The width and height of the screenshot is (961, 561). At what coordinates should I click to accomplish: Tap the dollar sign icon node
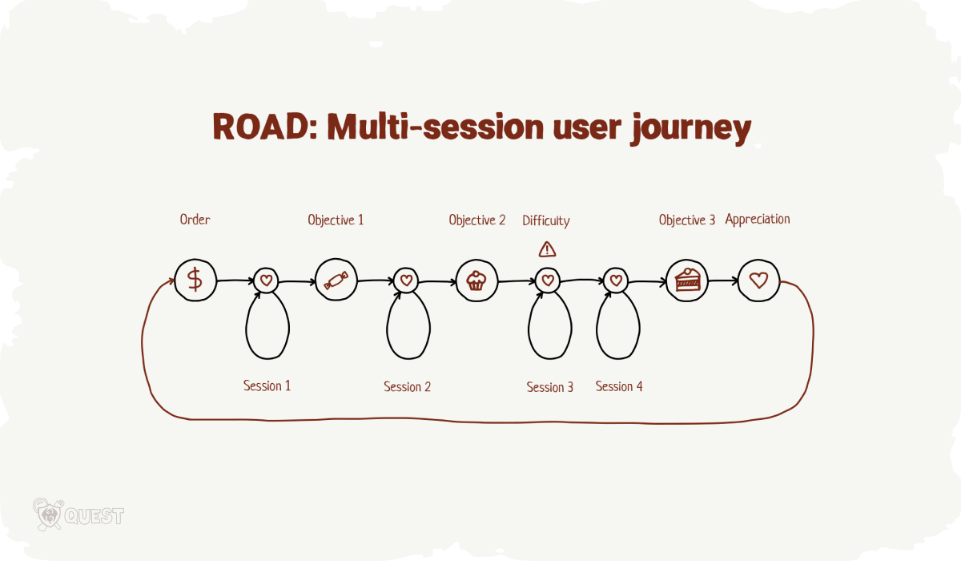195,280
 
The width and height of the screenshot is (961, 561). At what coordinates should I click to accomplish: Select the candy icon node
336,280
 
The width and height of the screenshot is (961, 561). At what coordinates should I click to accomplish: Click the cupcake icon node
476,280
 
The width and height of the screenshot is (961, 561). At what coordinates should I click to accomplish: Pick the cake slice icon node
687,280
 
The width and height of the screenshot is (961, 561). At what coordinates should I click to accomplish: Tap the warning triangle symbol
547,249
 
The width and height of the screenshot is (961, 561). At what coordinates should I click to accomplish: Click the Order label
195,219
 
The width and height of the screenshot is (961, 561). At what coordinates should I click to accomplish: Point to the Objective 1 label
336,219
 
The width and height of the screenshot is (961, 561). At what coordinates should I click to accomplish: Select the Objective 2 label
477,220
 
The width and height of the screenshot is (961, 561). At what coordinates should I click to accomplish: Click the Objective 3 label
687,220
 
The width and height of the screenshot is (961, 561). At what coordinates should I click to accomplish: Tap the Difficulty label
546,220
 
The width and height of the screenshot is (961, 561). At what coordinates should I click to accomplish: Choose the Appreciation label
758,219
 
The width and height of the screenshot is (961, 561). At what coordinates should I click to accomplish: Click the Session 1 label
267,385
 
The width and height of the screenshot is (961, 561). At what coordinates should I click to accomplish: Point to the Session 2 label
407,387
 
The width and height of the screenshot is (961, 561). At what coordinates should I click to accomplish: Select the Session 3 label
549,387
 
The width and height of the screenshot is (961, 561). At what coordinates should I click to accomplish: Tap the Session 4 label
619,386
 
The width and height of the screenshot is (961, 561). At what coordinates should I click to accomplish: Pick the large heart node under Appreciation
758,280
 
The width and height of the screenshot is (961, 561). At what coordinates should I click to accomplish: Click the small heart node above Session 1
267,280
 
